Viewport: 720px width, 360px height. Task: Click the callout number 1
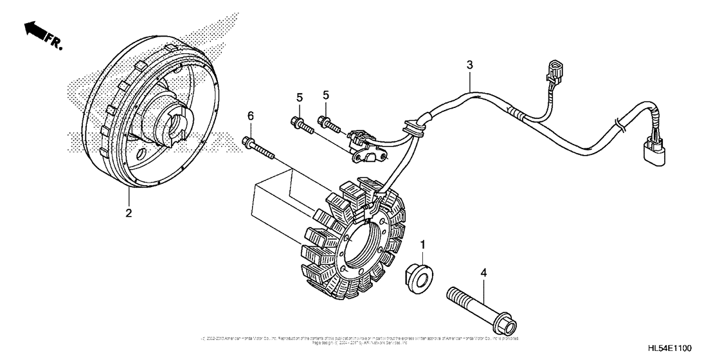click(422, 245)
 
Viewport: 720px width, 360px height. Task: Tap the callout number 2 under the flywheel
click(129, 213)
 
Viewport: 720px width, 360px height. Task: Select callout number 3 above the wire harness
click(470, 65)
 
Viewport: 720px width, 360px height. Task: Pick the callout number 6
click(251, 116)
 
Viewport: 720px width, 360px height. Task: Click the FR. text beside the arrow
click(53, 42)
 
